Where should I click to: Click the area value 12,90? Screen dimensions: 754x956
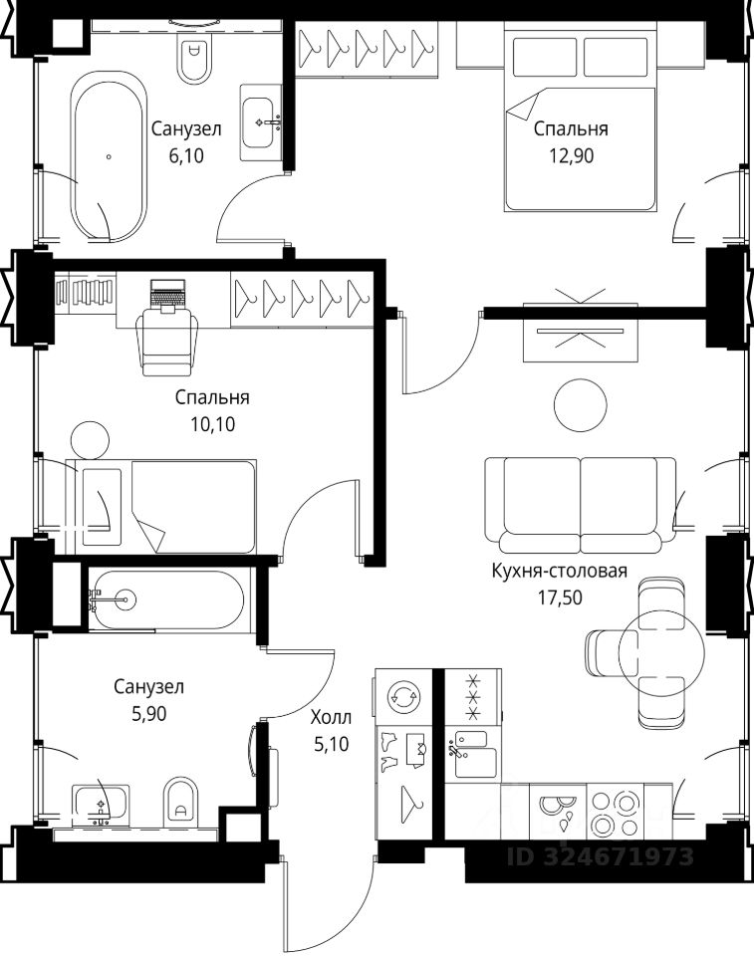pos(571,156)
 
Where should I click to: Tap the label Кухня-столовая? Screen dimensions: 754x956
pos(560,572)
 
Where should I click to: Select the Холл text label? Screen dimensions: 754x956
pos(332,717)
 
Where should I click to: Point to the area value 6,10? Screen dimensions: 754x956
pos(186,156)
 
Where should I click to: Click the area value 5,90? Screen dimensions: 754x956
pos(148,713)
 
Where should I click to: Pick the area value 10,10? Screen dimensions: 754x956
pos(212,424)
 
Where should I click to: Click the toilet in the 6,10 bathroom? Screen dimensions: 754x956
pos(194,59)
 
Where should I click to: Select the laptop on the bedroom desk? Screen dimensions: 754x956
pos(167,294)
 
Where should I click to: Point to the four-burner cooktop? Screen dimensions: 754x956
pos(615,813)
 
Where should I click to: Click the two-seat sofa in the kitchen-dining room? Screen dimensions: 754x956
pos(581,505)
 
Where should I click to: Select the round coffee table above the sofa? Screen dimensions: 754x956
pos(580,405)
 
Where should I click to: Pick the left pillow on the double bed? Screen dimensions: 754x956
pos(545,57)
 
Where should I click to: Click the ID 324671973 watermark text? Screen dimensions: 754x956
pos(601,856)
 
